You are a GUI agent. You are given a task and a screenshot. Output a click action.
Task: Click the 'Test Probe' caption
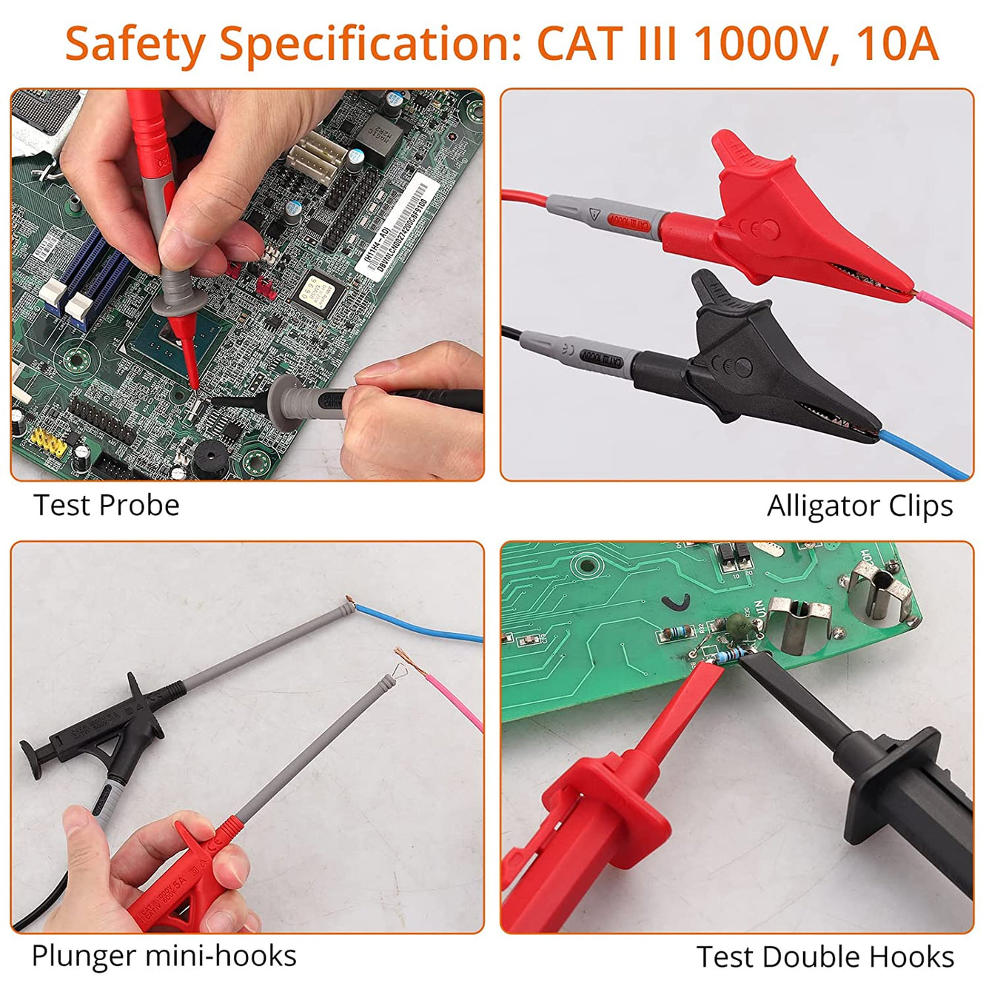coord(107,506)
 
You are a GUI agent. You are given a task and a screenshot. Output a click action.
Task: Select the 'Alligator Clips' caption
coord(859,506)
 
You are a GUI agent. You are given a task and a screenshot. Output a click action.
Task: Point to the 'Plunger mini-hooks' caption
coord(164,956)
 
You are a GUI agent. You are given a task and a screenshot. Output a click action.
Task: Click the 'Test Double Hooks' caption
coord(825,956)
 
